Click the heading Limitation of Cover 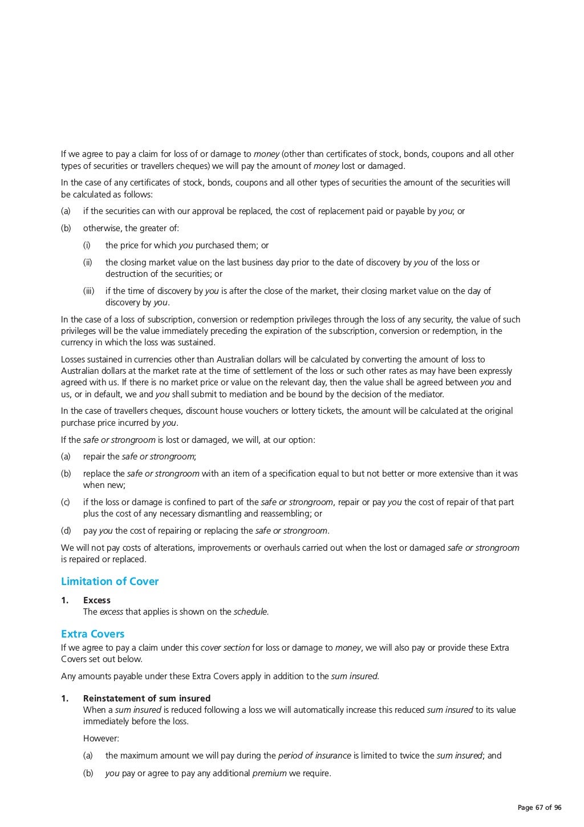pyautogui.click(x=109, y=582)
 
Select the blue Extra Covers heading pyautogui.click(x=92, y=634)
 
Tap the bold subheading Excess pyautogui.click(x=97, y=600)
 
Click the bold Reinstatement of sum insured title pyautogui.click(x=147, y=699)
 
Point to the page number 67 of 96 pyautogui.click(x=540, y=808)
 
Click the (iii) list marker pyautogui.click(x=88, y=291)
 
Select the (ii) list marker pyautogui.click(x=88, y=263)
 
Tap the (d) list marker pyautogui.click(x=66, y=531)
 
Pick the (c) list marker pyautogui.click(x=66, y=502)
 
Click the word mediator pyautogui.click(x=425, y=394)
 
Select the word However pyautogui.click(x=101, y=739)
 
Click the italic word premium pyautogui.click(x=269, y=774)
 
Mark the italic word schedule pyautogui.click(x=250, y=612)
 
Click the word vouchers pyautogui.click(x=323, y=411)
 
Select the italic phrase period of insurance pyautogui.click(x=314, y=756)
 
